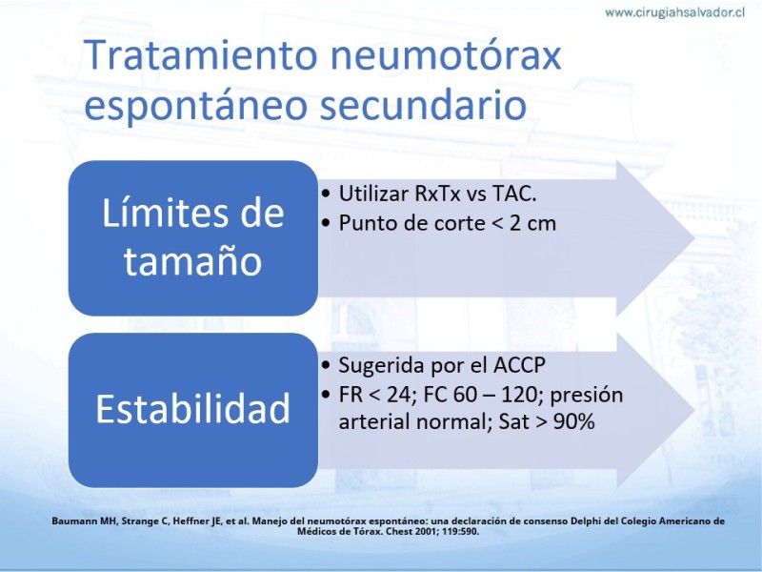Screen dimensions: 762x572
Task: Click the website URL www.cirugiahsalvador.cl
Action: tap(674, 12)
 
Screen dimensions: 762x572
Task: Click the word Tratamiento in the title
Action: tap(201, 54)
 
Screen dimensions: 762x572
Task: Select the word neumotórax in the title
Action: tap(446, 55)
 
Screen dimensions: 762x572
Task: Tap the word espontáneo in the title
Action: tap(196, 106)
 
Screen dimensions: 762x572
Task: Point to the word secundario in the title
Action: tap(423, 106)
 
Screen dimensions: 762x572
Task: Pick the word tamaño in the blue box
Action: tap(193, 260)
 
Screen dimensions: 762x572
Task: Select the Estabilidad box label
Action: tap(193, 409)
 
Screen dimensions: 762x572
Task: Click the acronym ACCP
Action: tap(519, 366)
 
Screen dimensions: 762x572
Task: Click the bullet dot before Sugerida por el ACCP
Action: tap(326, 366)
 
